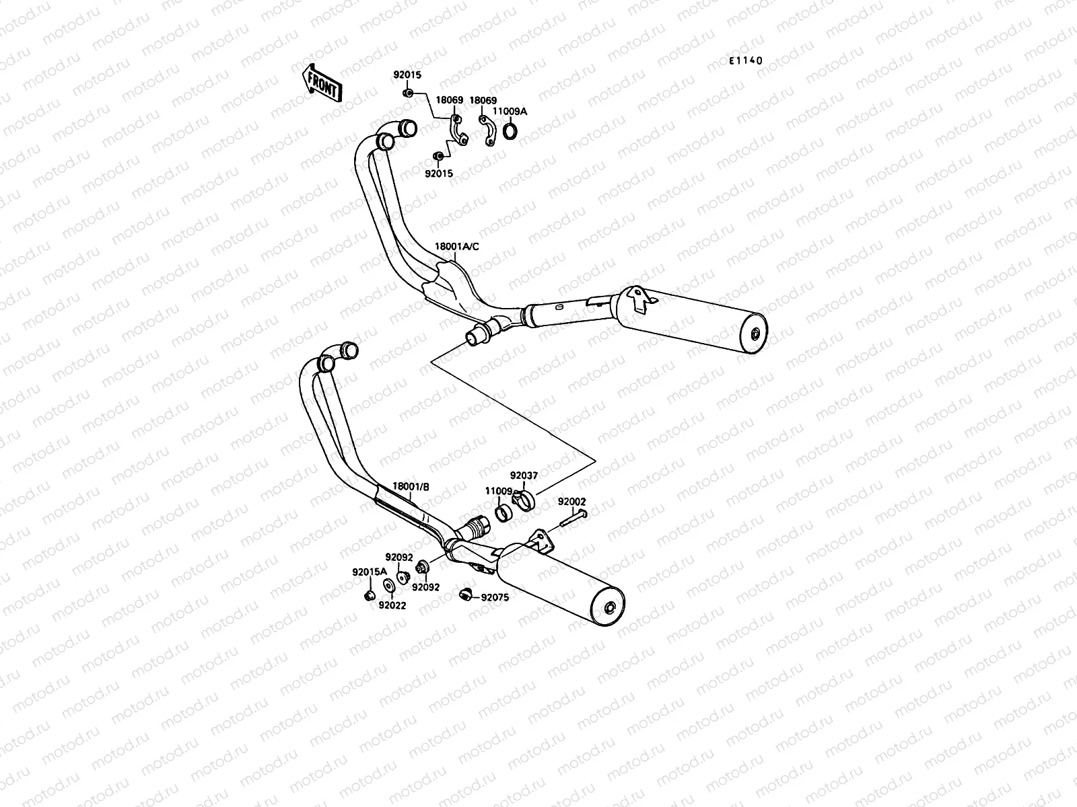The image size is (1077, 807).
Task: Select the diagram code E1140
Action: pos(745,61)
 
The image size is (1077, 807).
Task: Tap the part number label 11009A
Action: pos(510,111)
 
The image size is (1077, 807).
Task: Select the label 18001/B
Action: pos(411,486)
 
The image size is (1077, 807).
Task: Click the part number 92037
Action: pos(523,475)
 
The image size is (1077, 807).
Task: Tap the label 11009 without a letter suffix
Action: pos(499,492)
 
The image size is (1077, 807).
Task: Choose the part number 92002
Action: pos(571,502)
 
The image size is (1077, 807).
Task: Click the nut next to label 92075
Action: pos(464,593)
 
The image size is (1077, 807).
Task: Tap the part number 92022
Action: pos(392,605)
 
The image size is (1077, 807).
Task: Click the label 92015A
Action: pos(370,572)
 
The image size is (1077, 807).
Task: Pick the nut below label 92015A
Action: pos(368,595)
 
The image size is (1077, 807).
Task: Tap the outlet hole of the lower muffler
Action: pos(610,610)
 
